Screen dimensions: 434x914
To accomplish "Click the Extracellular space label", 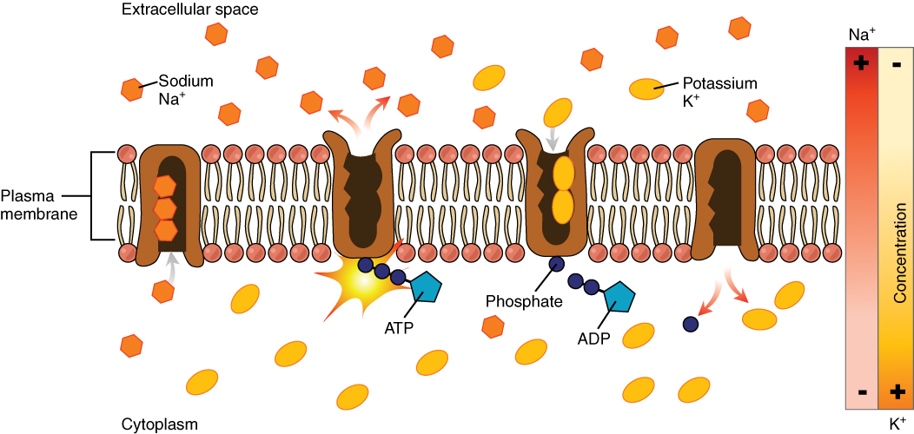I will pos(177,10).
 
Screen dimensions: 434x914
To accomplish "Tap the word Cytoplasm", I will pos(160,424).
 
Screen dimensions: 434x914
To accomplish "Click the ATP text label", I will pos(399,328).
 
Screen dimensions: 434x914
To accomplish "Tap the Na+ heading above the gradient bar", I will pos(862,34).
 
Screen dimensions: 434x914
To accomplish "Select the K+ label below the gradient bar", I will pos(898,424).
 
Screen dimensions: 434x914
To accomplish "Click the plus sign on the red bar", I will pos(862,63).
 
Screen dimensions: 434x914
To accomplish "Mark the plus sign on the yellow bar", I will pos(897,391).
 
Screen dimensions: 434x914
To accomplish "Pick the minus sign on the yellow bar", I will pos(897,64).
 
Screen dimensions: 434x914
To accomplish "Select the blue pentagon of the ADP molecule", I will pos(619,298).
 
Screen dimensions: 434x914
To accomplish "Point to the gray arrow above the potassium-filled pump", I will pos(553,137).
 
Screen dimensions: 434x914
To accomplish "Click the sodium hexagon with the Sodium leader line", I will pos(132,89).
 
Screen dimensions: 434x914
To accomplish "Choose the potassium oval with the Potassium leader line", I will pos(645,89).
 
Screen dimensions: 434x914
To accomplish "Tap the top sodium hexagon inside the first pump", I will pos(164,186).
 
